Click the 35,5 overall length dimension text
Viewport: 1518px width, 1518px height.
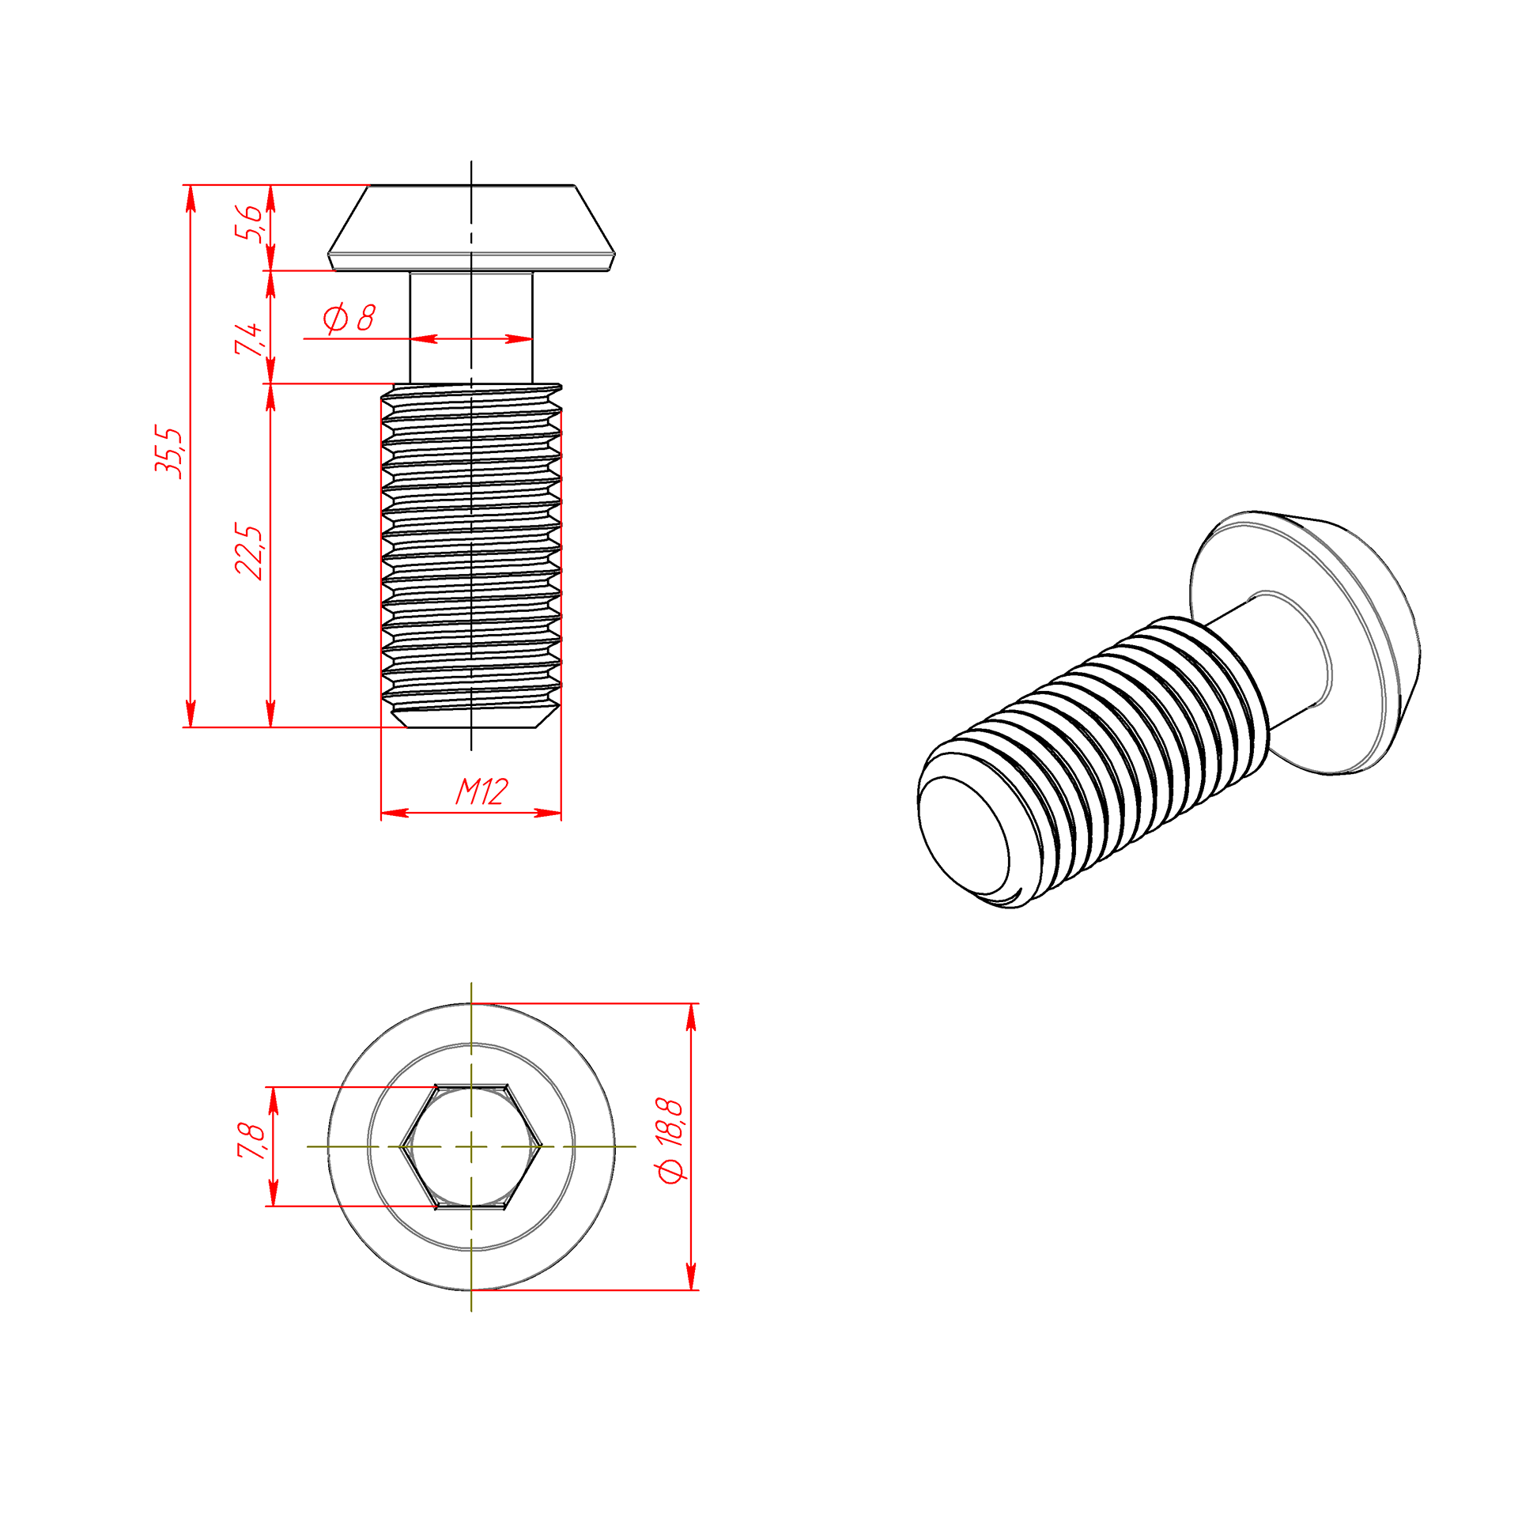(x=168, y=451)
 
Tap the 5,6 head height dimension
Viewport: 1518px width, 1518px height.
(x=247, y=222)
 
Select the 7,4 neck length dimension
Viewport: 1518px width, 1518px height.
(x=247, y=338)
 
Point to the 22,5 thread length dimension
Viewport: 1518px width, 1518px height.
(x=248, y=551)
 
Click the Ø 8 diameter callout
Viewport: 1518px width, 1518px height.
(x=349, y=318)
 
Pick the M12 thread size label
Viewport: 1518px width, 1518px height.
(x=481, y=791)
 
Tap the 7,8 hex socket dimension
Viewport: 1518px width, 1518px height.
(x=251, y=1141)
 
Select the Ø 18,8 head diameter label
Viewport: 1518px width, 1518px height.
(x=670, y=1140)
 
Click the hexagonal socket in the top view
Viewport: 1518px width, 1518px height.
(x=471, y=1146)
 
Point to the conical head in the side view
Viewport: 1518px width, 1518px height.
(x=471, y=228)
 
